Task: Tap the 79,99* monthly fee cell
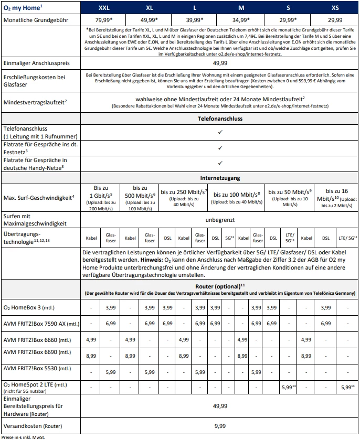pos(104,20)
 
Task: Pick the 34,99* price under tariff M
pos(242,20)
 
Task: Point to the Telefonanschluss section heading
pos(220,119)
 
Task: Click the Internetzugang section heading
pos(220,178)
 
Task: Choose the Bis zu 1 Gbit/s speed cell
pos(101,198)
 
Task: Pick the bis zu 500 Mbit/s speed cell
pos(140,198)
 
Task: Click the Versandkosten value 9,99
pos(220,425)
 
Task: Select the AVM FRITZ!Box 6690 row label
pos(35,355)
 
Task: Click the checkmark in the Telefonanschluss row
pos(220,132)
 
